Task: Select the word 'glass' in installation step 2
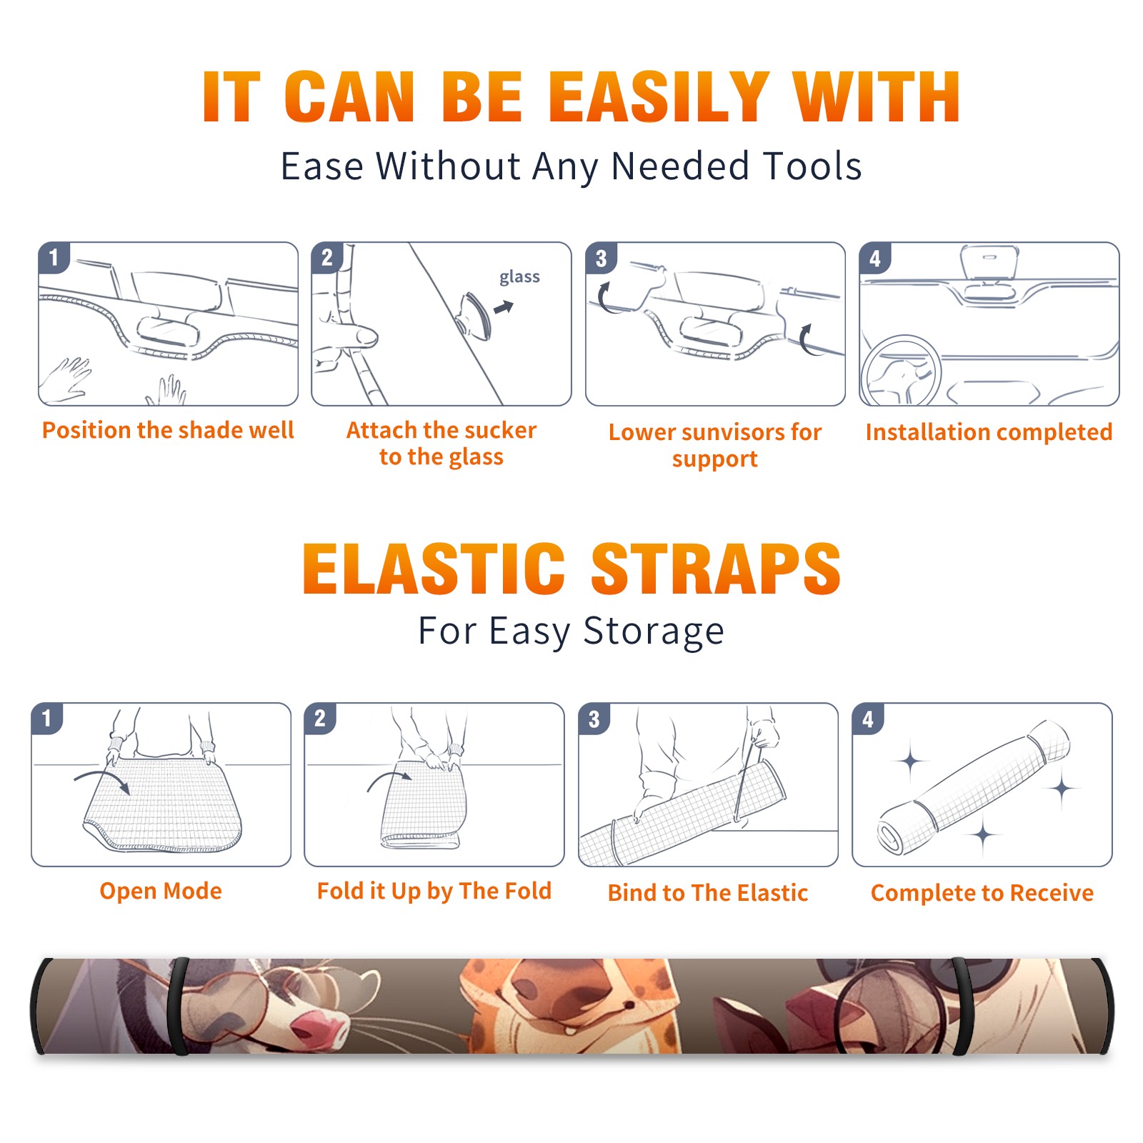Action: [519, 276]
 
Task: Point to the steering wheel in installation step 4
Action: [900, 371]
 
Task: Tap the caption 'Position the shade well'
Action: [168, 430]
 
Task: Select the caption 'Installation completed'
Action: [989, 431]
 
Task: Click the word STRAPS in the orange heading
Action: [716, 569]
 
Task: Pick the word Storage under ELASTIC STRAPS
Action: [654, 632]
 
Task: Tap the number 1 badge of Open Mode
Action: [47, 718]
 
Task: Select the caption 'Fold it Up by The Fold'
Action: [434, 891]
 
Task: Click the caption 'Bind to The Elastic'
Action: [708, 893]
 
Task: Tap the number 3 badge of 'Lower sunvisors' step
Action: [601, 258]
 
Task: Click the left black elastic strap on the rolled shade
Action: [179, 1006]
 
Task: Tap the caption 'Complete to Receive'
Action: [982, 893]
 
